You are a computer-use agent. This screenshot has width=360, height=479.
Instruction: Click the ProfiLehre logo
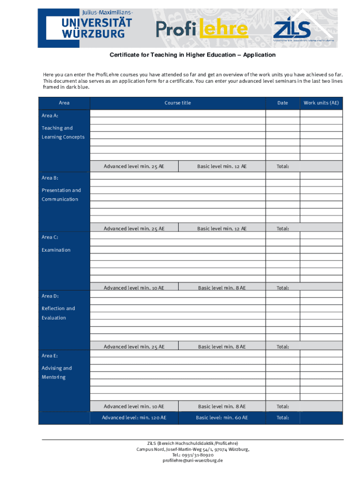(202, 29)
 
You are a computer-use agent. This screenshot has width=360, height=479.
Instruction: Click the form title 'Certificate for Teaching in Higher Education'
(193, 55)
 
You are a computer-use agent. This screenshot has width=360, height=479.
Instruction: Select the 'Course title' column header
(178, 103)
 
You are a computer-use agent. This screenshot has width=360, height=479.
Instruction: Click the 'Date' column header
(282, 103)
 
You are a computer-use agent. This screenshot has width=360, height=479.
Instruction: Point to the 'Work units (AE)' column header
(321, 103)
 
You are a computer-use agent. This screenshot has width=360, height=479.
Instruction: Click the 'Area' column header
(64, 103)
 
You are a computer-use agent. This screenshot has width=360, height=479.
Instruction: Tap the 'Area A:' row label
(50, 115)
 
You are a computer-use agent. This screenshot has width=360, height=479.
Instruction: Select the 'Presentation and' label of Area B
(61, 190)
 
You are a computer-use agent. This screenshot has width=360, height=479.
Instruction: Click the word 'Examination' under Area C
(56, 250)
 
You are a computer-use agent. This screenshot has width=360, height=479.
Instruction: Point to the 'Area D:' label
(50, 296)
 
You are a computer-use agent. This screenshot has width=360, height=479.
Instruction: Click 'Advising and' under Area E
(57, 368)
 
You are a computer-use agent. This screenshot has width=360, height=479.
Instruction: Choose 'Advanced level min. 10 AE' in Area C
(134, 288)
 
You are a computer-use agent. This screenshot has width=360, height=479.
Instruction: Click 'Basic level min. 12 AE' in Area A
(222, 166)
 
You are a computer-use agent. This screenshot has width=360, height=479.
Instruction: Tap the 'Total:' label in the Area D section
(282, 347)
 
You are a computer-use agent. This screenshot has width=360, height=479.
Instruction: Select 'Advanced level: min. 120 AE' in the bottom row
(134, 418)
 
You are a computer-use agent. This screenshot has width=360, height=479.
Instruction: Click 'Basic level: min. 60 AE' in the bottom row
(222, 418)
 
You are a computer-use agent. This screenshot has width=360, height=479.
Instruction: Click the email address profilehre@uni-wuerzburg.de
(193, 460)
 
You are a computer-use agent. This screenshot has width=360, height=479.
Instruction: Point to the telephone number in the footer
(193, 455)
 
